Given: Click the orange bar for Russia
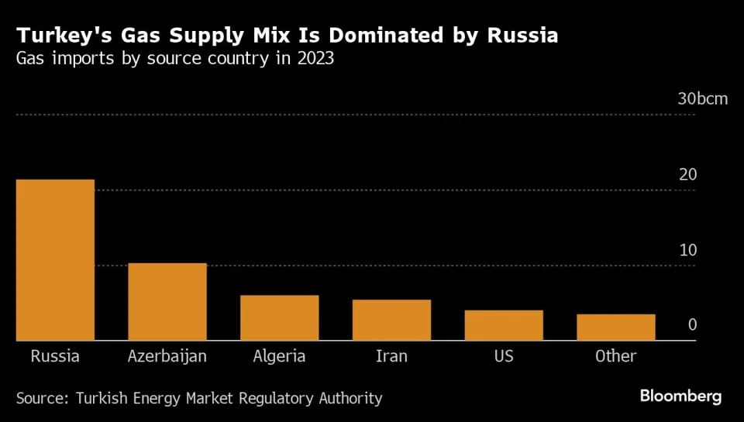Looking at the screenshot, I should [55, 259].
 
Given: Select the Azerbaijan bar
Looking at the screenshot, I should [167, 302].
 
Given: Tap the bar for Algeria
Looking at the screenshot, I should [279, 317].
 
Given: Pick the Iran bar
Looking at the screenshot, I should [391, 320].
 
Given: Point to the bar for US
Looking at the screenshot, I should [504, 325].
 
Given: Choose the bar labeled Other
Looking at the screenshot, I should [615, 327].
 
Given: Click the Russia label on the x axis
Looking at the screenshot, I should [55, 356].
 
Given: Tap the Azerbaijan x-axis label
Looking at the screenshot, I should [167, 356].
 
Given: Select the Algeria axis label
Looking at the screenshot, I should [279, 356].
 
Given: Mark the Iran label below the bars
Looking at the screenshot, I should [391, 356].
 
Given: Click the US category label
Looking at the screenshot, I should [504, 356].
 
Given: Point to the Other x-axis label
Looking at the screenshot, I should [615, 356].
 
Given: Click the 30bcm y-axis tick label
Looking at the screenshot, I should [703, 99].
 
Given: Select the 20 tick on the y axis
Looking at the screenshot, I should [687, 175].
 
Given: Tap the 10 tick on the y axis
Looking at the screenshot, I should [687, 250].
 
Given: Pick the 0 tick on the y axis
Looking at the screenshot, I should [693, 325].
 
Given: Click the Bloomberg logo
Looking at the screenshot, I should [680, 396].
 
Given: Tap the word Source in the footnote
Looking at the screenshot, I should [42, 398].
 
